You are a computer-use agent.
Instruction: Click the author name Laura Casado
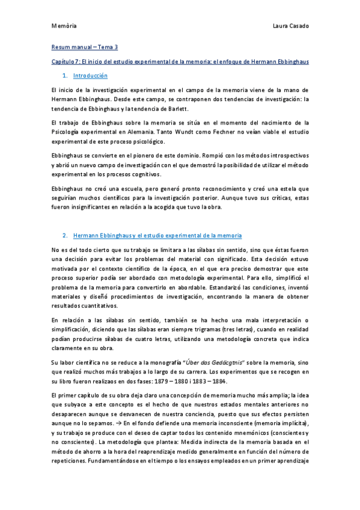(291, 26)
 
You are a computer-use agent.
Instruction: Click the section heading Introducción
(90, 76)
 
